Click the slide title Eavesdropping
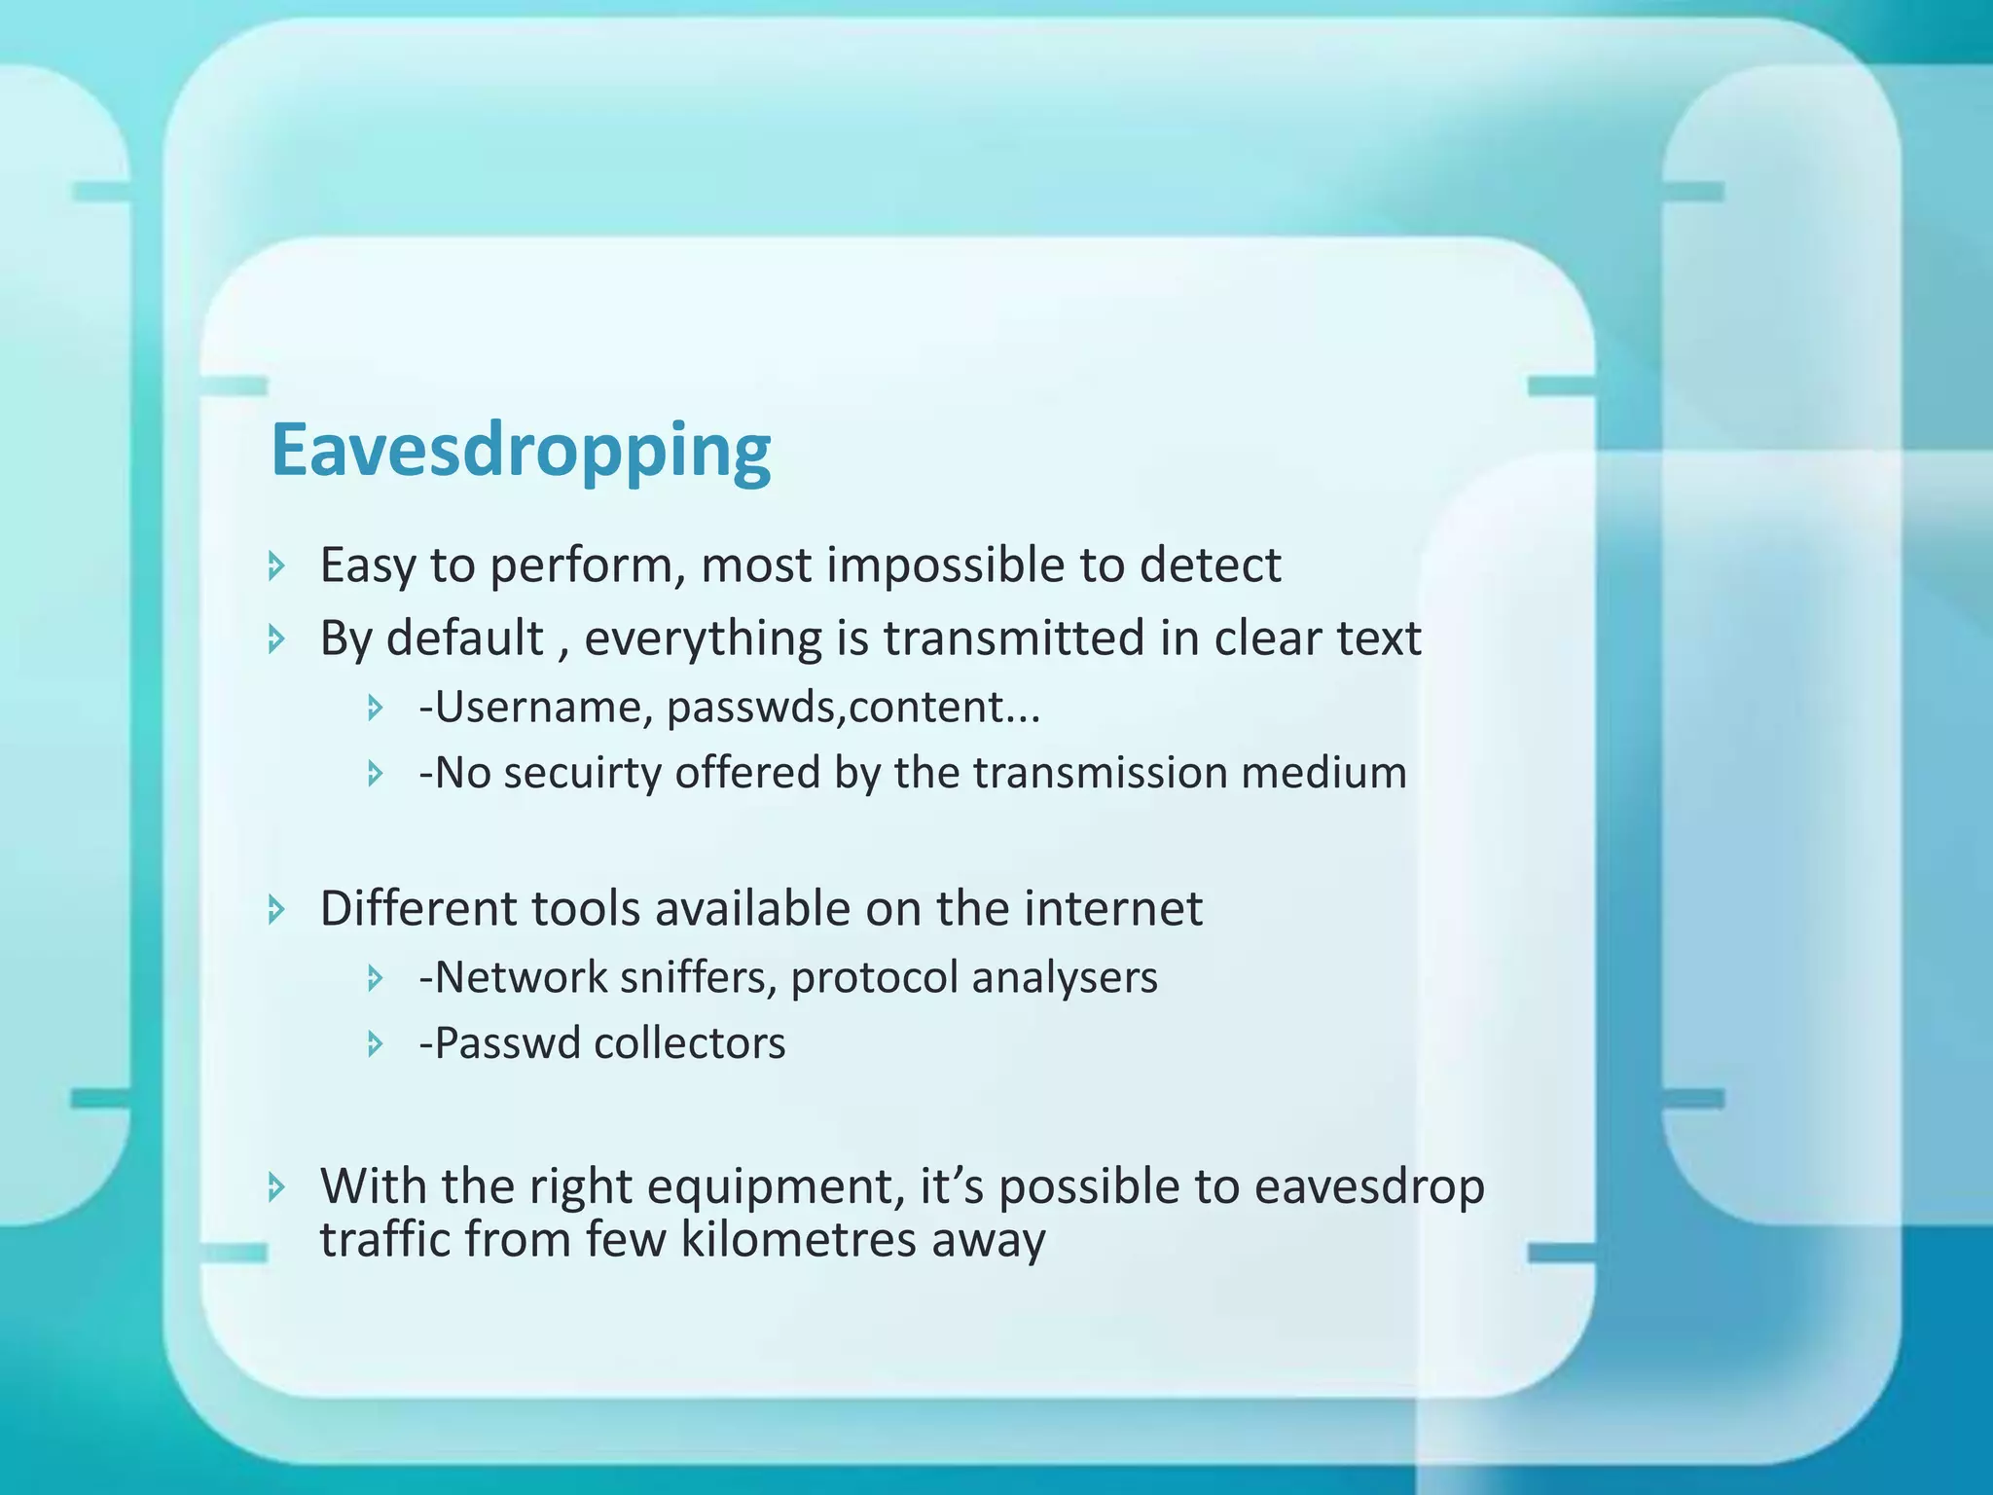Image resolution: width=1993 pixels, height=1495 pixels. coord(521,452)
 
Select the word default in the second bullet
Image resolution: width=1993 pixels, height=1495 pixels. coord(465,638)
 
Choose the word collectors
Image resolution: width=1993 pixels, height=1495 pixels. coord(689,1043)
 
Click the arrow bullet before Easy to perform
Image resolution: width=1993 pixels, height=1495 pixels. coord(276,565)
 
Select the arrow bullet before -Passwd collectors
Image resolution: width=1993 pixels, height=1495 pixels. coord(376,1044)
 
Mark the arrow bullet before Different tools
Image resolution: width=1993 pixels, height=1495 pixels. coord(276,910)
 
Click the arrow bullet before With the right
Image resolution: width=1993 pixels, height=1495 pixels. coord(276,1186)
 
